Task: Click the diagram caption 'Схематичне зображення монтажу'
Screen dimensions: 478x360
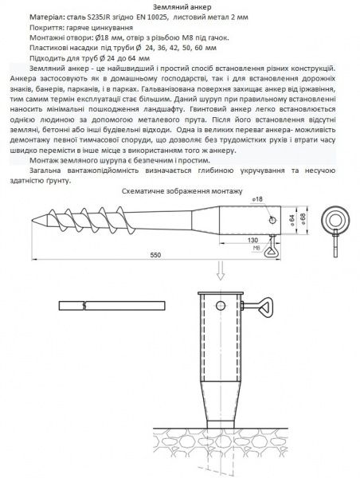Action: tap(180, 191)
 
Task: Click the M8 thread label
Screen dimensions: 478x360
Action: tap(256, 248)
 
